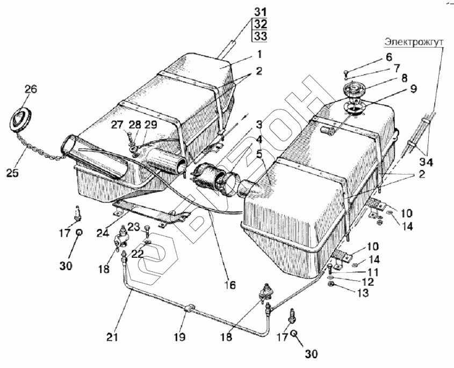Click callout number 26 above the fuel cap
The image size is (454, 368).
pos(31,89)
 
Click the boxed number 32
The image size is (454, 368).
pos(260,25)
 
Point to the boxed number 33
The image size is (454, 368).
pos(260,37)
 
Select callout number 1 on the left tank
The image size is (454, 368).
pos(258,54)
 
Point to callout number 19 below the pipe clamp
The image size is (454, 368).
pos(179,337)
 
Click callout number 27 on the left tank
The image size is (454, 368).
pos(118,125)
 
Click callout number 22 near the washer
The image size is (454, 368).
pos(138,254)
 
